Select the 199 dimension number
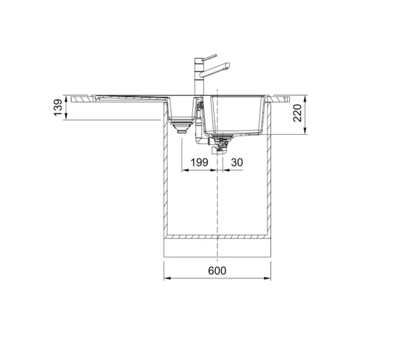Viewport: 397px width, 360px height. [x=199, y=163]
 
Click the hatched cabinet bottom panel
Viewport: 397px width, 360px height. [x=217, y=237]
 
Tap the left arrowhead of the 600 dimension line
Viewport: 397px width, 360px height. [x=168, y=279]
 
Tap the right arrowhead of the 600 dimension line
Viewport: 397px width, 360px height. [x=268, y=279]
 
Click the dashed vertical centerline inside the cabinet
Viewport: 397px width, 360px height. [x=218, y=201]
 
